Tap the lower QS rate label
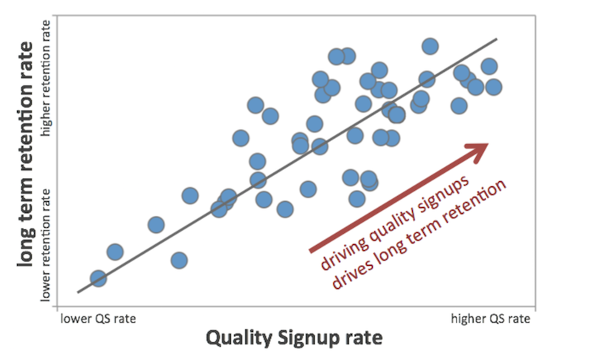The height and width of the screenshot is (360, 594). pyautogui.click(x=99, y=318)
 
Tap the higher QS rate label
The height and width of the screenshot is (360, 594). pyautogui.click(x=491, y=318)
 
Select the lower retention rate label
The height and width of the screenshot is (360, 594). pyautogui.click(x=46, y=245)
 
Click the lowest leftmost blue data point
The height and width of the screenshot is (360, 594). pyautogui.click(x=98, y=278)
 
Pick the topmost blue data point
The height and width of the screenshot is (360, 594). pyautogui.click(x=430, y=46)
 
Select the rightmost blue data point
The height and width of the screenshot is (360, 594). pyautogui.click(x=493, y=87)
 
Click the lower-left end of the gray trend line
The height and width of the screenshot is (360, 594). pyautogui.click(x=78, y=292)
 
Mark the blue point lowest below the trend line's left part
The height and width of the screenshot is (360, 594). pyautogui.click(x=179, y=260)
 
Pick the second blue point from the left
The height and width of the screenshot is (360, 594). pyautogui.click(x=115, y=252)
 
